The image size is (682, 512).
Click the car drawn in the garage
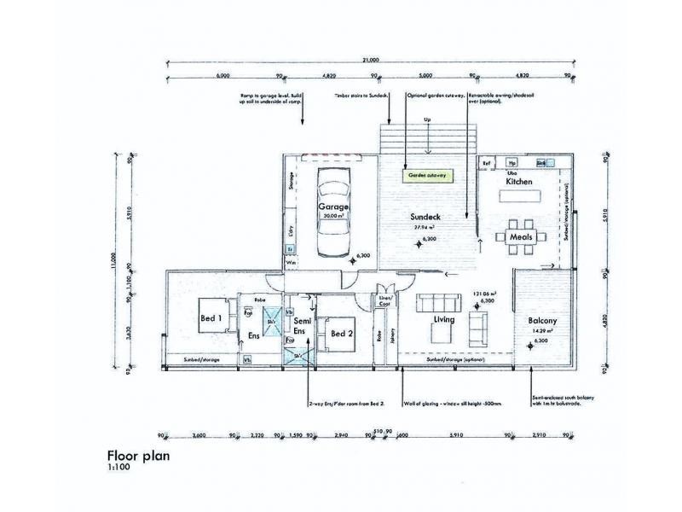[x=332, y=211]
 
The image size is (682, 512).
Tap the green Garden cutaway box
[x=427, y=176]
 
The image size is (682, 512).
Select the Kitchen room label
[x=519, y=183]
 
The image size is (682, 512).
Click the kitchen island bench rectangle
[x=519, y=195]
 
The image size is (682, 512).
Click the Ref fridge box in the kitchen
[x=487, y=162]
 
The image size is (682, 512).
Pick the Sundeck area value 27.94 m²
[x=425, y=229]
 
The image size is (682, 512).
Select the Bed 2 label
[x=342, y=333]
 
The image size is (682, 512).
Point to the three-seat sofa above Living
[x=435, y=304]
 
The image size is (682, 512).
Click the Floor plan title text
[x=137, y=456]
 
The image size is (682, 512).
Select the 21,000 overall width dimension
[x=370, y=61]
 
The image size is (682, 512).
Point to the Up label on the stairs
[x=426, y=119]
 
